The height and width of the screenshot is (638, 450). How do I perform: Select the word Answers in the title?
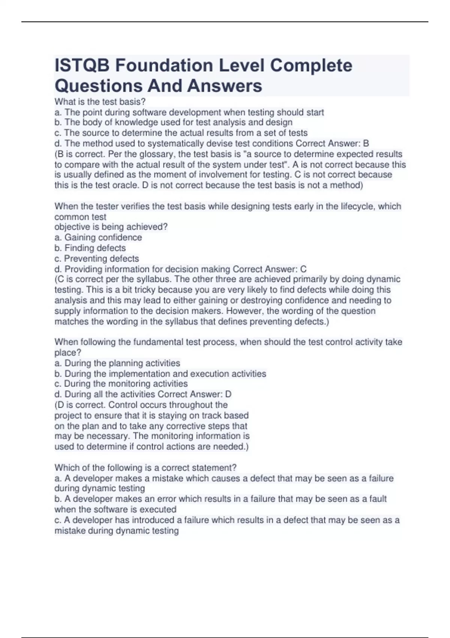[225, 86]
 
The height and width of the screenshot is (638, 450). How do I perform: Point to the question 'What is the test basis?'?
[100, 102]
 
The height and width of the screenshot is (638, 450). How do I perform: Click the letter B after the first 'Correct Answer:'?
[366, 143]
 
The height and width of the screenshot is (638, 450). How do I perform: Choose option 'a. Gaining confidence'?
[98, 238]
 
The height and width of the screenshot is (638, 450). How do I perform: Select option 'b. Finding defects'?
[90, 248]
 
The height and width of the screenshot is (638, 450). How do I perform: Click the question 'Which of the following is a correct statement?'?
[145, 468]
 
